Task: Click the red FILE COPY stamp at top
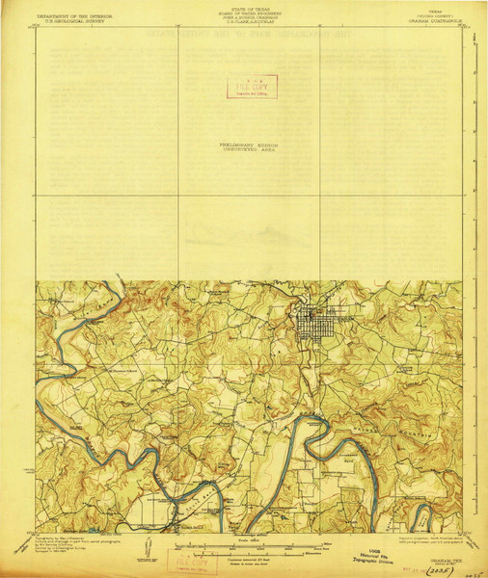(251, 86)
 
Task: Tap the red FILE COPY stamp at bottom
(192, 559)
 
